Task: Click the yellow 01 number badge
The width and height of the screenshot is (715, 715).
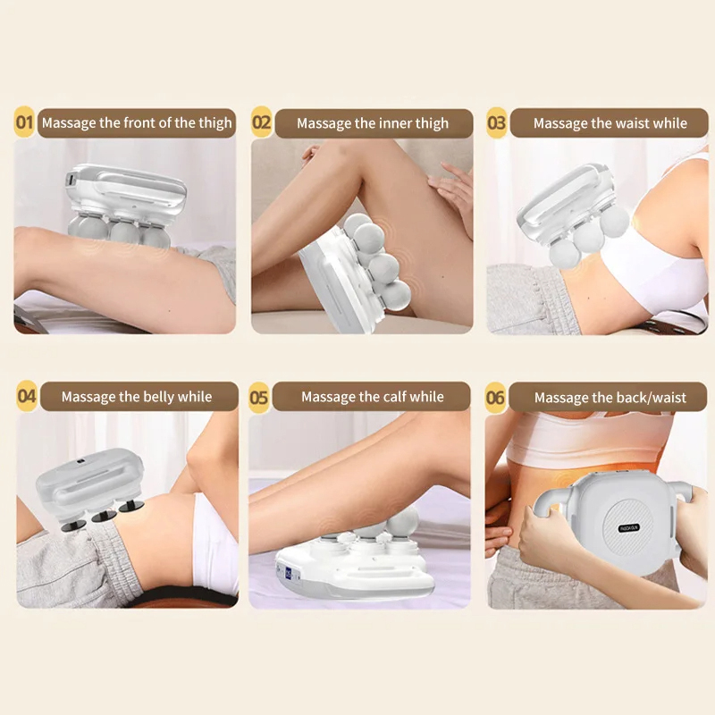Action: pyautogui.click(x=25, y=122)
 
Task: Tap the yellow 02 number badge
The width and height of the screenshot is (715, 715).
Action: pyautogui.click(x=262, y=122)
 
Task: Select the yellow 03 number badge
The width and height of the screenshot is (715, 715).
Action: pyautogui.click(x=497, y=122)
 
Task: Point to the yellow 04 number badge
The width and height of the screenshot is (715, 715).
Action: pyautogui.click(x=27, y=396)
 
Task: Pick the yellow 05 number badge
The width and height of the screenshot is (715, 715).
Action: pyautogui.click(x=259, y=397)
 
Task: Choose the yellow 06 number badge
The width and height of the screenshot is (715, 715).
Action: pyautogui.click(x=496, y=398)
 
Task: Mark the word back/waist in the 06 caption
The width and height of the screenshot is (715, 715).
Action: pyautogui.click(x=653, y=398)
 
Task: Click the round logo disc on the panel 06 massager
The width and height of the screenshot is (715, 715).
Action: pyautogui.click(x=629, y=527)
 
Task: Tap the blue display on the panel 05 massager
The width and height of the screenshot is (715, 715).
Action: pyautogui.click(x=289, y=573)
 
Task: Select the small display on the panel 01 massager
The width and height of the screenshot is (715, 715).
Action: pyautogui.click(x=71, y=180)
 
